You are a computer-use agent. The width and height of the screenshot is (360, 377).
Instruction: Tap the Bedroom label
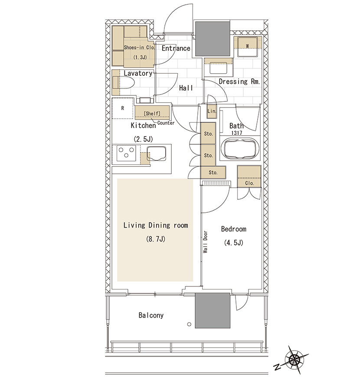coord(233,229)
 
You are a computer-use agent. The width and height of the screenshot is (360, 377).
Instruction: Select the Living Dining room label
coord(155,225)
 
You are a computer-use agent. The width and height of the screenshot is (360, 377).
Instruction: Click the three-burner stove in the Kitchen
coord(126,153)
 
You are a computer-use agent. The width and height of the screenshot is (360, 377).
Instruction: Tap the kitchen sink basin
coord(157,153)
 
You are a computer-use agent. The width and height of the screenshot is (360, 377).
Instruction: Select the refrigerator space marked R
coord(122,108)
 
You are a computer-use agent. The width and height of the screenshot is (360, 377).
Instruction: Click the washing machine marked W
coord(247,46)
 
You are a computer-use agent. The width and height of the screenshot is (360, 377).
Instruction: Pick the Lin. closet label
coord(212,111)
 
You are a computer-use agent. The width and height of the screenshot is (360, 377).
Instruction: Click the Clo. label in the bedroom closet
coord(249,183)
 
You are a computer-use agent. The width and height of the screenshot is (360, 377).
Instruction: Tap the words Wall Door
coord(205,242)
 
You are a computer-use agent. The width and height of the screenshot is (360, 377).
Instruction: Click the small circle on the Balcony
coord(189,324)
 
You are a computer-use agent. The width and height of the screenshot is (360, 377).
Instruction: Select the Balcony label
coord(151,315)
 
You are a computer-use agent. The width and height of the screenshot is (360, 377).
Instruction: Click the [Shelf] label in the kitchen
coord(152,113)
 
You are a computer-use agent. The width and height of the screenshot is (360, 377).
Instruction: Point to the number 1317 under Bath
coord(236,133)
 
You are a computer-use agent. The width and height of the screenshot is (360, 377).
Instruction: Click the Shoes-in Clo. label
coord(139,47)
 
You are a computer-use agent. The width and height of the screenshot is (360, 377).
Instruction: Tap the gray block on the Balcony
coord(213,310)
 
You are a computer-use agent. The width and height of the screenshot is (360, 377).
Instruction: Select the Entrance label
coord(176,49)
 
